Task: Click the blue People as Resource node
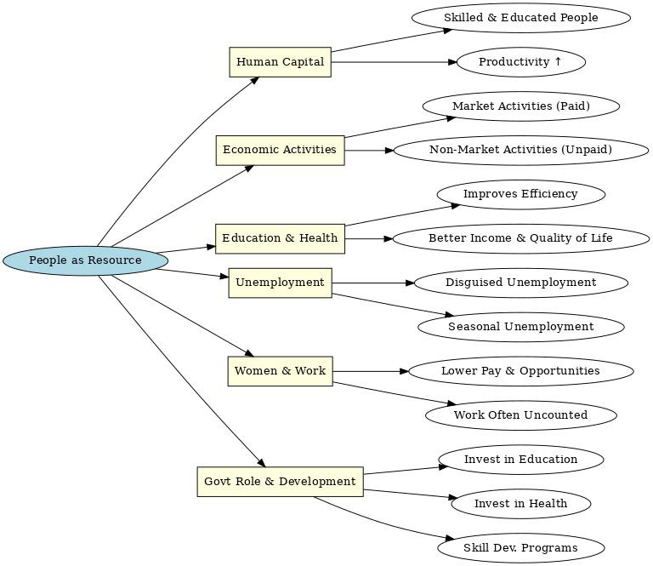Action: tap(85, 260)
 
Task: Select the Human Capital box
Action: tap(280, 62)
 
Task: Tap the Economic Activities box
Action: tap(280, 150)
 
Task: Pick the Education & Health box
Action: tap(280, 238)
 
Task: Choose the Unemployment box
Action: tap(280, 283)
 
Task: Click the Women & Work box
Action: tap(280, 371)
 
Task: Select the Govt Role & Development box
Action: tap(280, 482)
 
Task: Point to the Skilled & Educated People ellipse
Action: tap(520, 18)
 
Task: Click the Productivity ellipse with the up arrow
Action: tap(520, 62)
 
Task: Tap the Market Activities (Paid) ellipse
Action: tap(520, 106)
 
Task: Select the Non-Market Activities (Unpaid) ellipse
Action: tap(520, 151)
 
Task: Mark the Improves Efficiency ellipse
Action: tap(520, 194)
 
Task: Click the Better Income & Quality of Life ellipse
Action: tap(520, 238)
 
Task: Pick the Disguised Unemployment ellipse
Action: tap(520, 283)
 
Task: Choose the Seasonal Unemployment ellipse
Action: tap(520, 327)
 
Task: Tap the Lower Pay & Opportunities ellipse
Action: tap(520, 371)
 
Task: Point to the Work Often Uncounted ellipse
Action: tap(520, 415)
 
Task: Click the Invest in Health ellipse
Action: tap(520, 504)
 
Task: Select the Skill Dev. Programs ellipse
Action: tap(520, 548)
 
